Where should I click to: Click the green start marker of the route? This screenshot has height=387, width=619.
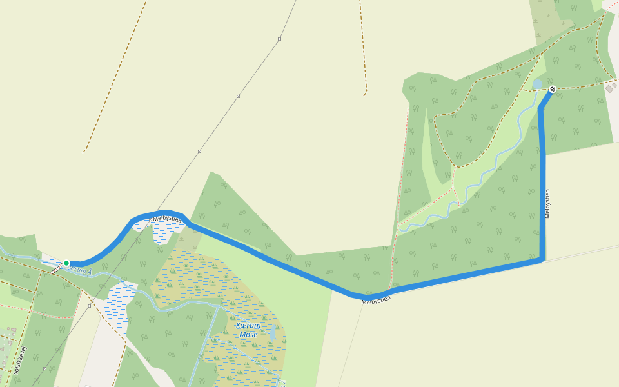point(66,263)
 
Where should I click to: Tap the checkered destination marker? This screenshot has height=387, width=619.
point(553,89)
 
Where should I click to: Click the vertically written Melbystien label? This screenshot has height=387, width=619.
point(547,203)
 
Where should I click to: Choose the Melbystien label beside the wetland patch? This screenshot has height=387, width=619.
point(167,219)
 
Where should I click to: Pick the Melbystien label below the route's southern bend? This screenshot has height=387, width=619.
point(376,300)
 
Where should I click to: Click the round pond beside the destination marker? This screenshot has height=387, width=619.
point(537,84)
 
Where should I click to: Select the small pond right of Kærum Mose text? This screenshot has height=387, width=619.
point(274,333)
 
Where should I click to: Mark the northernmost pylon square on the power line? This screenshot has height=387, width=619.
point(279,39)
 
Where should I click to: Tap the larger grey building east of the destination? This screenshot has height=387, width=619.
point(609,88)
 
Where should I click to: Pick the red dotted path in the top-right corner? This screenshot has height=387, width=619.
point(610,5)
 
